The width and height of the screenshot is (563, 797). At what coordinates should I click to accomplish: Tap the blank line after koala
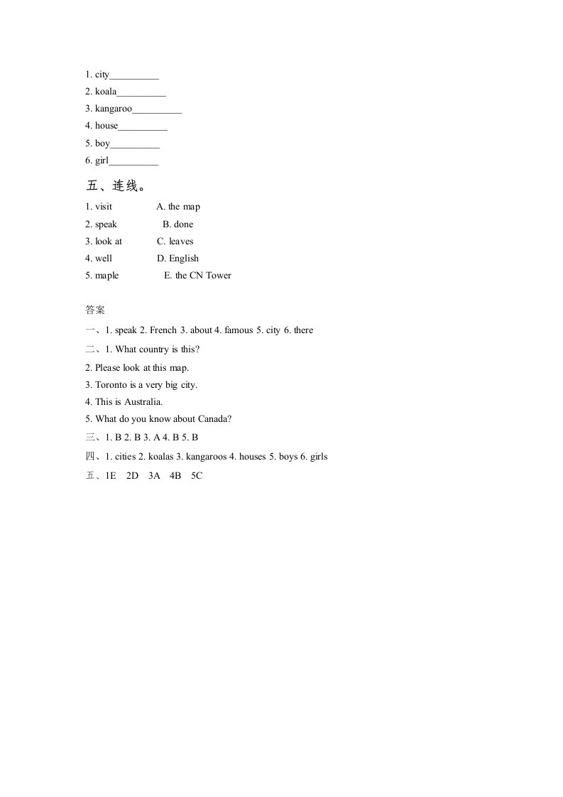pos(141,92)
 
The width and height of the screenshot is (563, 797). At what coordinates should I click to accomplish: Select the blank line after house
pos(143,126)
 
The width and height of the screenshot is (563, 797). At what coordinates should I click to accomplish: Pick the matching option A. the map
pos(178,207)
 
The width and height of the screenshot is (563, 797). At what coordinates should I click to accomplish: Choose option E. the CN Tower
pos(197,276)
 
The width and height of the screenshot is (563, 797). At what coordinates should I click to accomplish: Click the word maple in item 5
pos(107,276)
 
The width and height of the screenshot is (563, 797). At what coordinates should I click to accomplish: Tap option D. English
pos(178,259)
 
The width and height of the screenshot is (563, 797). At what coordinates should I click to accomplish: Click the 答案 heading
pos(95,310)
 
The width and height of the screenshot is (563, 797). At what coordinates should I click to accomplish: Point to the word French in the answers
pos(163,330)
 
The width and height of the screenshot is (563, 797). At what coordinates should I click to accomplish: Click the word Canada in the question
pos(214,419)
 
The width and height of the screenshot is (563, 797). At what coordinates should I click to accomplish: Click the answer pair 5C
pos(197,476)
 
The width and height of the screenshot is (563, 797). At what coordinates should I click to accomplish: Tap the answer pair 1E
pos(110,476)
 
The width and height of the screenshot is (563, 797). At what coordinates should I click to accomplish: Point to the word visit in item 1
pos(104,207)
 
